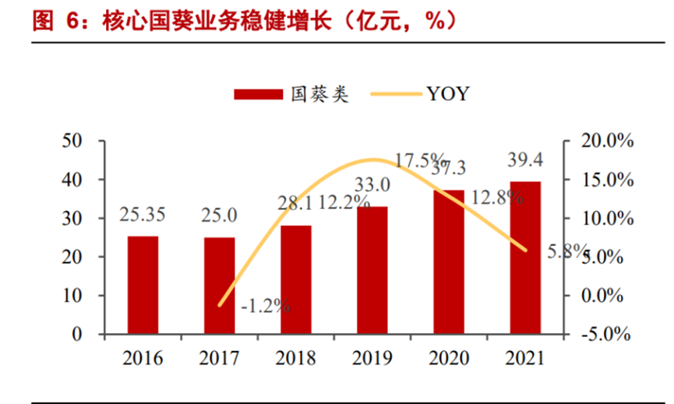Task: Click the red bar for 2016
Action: pyautogui.click(x=143, y=285)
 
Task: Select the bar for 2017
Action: pyautogui.click(x=219, y=286)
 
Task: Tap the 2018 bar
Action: pyautogui.click(x=296, y=279)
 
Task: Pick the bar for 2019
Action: pyautogui.click(x=372, y=270)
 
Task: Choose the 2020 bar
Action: pyautogui.click(x=449, y=262)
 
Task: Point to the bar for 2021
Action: pyautogui.click(x=525, y=258)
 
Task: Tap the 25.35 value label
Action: pyautogui.click(x=143, y=215)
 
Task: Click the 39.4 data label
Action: pyautogui.click(x=524, y=160)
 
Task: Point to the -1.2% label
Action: pyautogui.click(x=265, y=305)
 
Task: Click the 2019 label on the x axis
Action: pyautogui.click(x=372, y=358)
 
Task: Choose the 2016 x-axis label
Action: pyautogui.click(x=143, y=358)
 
